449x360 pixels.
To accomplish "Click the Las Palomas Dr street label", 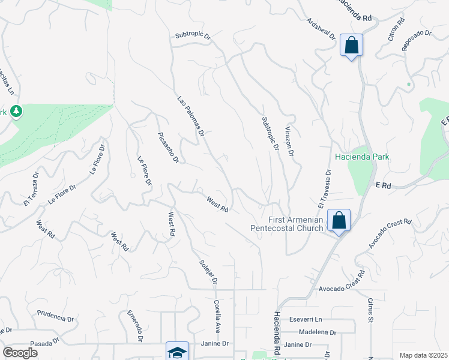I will click(191, 116).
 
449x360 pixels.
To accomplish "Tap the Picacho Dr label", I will click(168, 148).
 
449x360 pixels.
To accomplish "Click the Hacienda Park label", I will click(362, 157).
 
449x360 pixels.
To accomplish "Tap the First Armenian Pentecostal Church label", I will click(287, 223).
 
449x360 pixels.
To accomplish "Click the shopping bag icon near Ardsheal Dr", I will click(351, 45).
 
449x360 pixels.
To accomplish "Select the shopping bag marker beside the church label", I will click(339, 220).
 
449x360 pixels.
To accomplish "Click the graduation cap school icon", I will click(177, 352).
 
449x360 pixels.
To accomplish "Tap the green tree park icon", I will click(16, 112).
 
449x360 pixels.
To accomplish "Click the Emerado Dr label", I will click(135, 326).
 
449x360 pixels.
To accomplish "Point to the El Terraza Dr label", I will click(31, 190).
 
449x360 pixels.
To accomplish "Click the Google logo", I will click(20, 353).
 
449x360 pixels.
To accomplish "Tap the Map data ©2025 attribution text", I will click(423, 355).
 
